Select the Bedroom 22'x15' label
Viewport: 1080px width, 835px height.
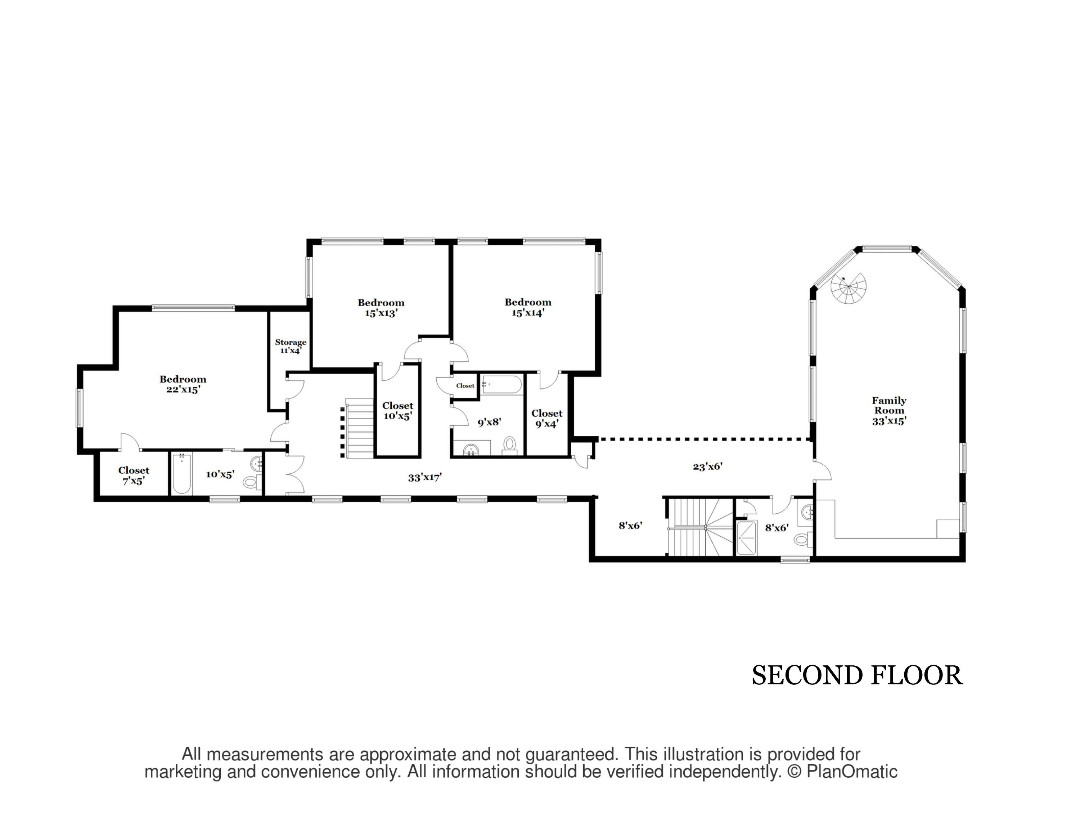click(x=183, y=384)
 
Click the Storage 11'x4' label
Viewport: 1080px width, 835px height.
click(x=291, y=346)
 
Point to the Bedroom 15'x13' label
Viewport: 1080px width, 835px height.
click(x=381, y=308)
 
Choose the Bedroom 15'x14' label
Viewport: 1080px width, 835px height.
click(x=528, y=307)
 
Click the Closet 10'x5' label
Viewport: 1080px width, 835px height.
click(x=397, y=411)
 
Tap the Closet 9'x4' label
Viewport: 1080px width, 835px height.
click(x=547, y=419)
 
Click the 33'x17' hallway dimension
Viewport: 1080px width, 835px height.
click(x=425, y=477)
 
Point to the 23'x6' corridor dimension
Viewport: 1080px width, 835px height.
click(x=708, y=466)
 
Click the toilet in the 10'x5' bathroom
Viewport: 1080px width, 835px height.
click(x=251, y=481)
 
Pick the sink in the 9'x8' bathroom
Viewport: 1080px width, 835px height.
click(x=471, y=450)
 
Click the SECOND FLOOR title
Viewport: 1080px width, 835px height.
click(x=857, y=676)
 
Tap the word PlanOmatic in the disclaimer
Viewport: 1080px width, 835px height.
click(x=851, y=772)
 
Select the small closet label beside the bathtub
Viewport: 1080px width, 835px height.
click(x=465, y=386)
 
